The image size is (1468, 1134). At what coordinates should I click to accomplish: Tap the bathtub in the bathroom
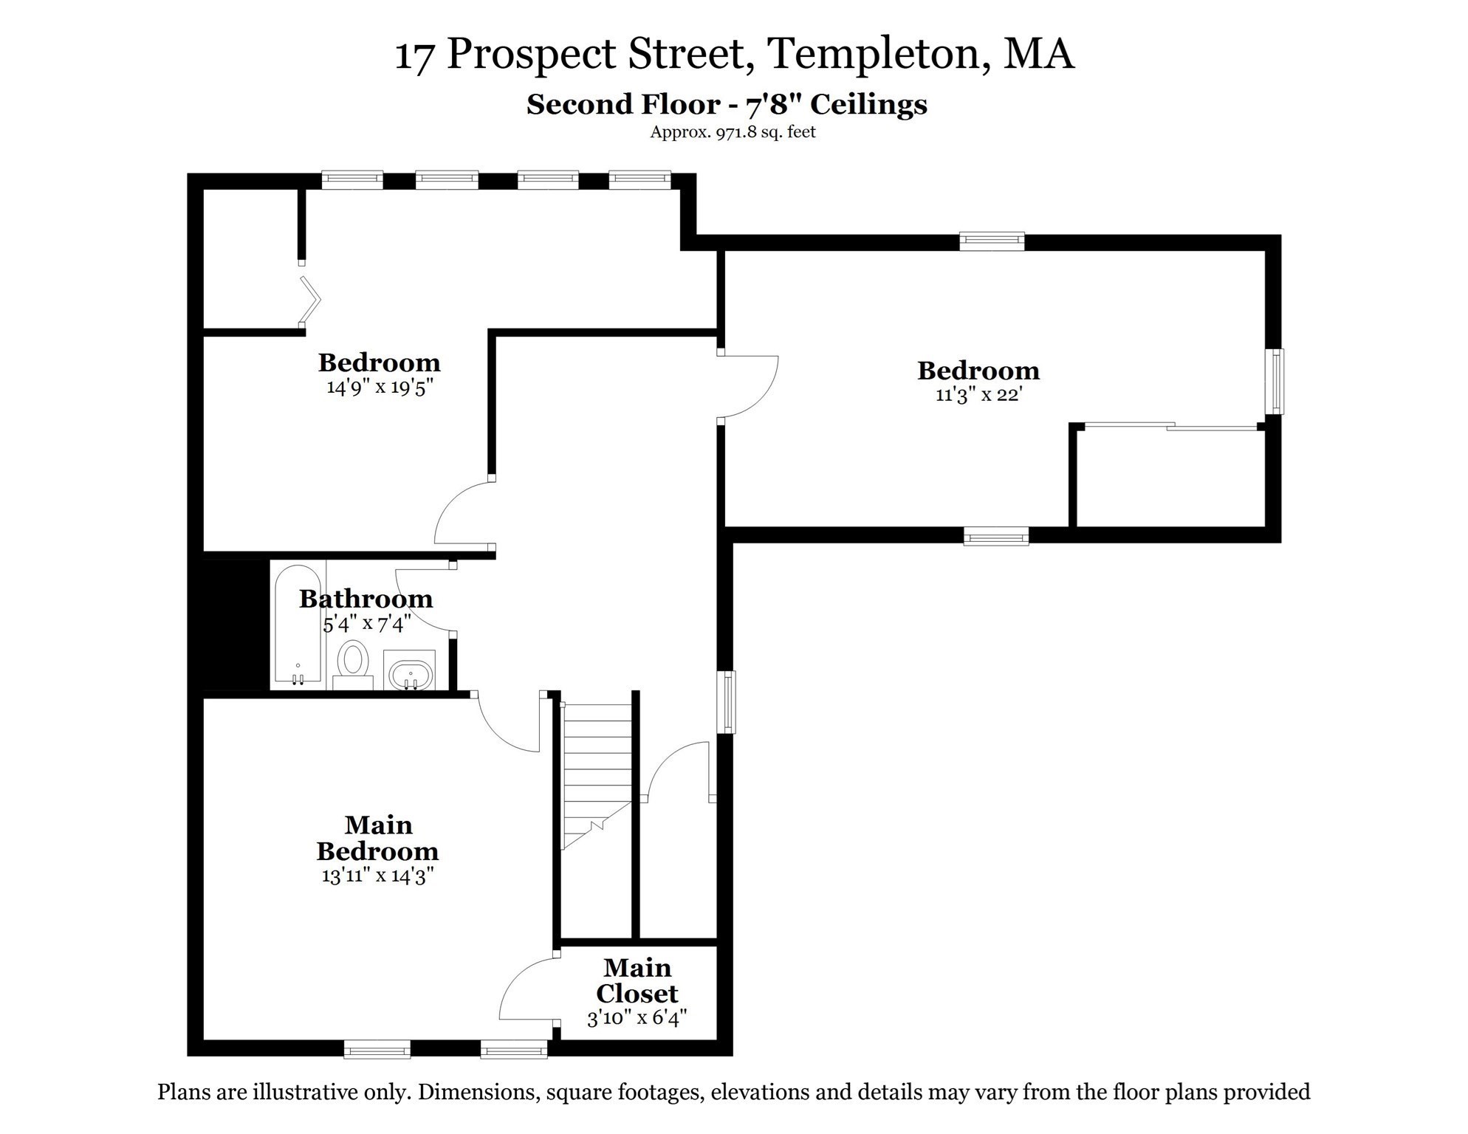click(x=298, y=625)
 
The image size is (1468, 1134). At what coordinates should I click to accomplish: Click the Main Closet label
click(x=637, y=980)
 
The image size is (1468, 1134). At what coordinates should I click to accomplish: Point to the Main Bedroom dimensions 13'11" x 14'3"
click(x=377, y=876)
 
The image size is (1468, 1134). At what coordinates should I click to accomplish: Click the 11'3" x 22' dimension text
click(x=978, y=394)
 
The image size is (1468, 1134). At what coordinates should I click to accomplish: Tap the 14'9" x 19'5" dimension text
click(x=379, y=387)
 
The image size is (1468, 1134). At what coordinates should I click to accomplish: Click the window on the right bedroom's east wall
click(x=1275, y=382)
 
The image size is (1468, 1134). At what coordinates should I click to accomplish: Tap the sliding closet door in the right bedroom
click(x=1170, y=426)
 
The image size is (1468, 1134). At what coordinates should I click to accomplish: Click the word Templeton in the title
click(x=879, y=54)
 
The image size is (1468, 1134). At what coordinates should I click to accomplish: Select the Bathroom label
click(x=366, y=599)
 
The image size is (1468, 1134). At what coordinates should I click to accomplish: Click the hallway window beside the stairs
click(x=727, y=701)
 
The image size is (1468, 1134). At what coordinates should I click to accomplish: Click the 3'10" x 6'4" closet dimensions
click(x=637, y=1019)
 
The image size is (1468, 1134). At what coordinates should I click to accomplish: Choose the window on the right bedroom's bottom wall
click(x=996, y=536)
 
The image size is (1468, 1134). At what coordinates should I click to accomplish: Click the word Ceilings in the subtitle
click(x=868, y=105)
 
